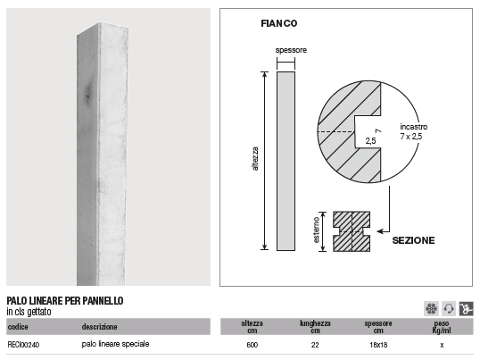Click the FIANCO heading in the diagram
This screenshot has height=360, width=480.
tap(279, 23)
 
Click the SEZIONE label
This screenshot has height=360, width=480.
tap(413, 240)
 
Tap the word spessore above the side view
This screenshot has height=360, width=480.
tap(291, 50)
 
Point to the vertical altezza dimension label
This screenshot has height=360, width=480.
tap(256, 159)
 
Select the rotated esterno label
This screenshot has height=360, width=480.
tap(317, 230)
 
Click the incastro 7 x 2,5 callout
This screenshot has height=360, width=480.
tap(413, 131)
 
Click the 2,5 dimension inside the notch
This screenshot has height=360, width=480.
tap(371, 141)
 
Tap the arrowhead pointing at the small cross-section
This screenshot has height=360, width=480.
tap(380, 231)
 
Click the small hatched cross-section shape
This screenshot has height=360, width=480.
tap(351, 231)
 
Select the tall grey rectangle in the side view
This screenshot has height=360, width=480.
tap(286, 161)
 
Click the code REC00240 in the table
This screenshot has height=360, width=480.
tap(23, 345)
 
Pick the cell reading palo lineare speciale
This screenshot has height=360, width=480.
tap(115, 344)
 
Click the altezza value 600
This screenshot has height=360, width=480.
tap(252, 345)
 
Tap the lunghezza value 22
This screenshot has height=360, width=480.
tap(315, 345)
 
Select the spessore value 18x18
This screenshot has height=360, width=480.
tap(378, 345)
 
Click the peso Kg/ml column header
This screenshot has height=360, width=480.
tap(441, 327)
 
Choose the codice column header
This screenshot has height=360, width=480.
tap(18, 327)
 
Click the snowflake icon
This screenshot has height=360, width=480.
tap(431, 308)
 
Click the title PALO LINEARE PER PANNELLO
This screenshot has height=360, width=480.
tap(65, 301)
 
